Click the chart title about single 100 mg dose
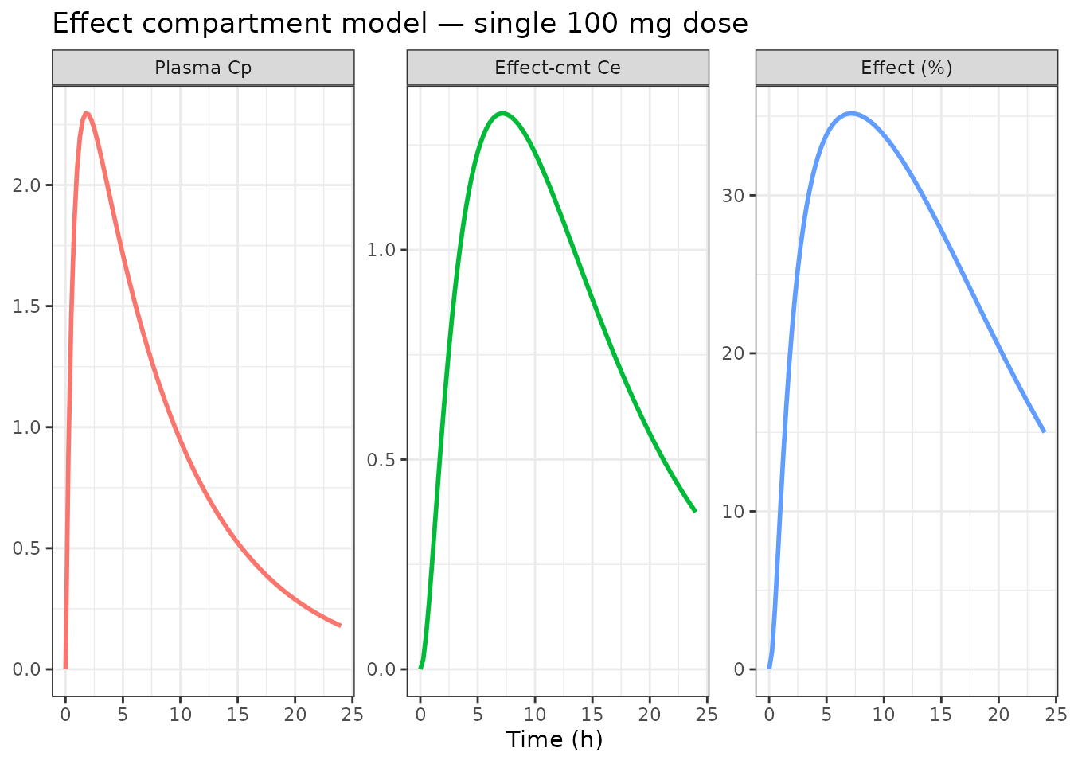[400, 24]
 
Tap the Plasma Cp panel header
[203, 68]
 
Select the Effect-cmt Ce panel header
[557, 68]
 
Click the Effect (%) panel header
[907, 68]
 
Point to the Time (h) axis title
[554, 739]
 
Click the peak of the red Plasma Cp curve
[86, 114]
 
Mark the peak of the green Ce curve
[502, 113]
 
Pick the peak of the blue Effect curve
[851, 113]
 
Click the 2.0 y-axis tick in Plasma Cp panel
[28, 185]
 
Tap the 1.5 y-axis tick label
[28, 306]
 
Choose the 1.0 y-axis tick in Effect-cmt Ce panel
[382, 250]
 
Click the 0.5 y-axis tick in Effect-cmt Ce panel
[382, 460]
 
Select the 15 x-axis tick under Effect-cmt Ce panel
[592, 714]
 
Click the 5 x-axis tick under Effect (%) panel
[826, 714]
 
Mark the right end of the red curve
[341, 626]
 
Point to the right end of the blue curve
[1044, 431]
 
